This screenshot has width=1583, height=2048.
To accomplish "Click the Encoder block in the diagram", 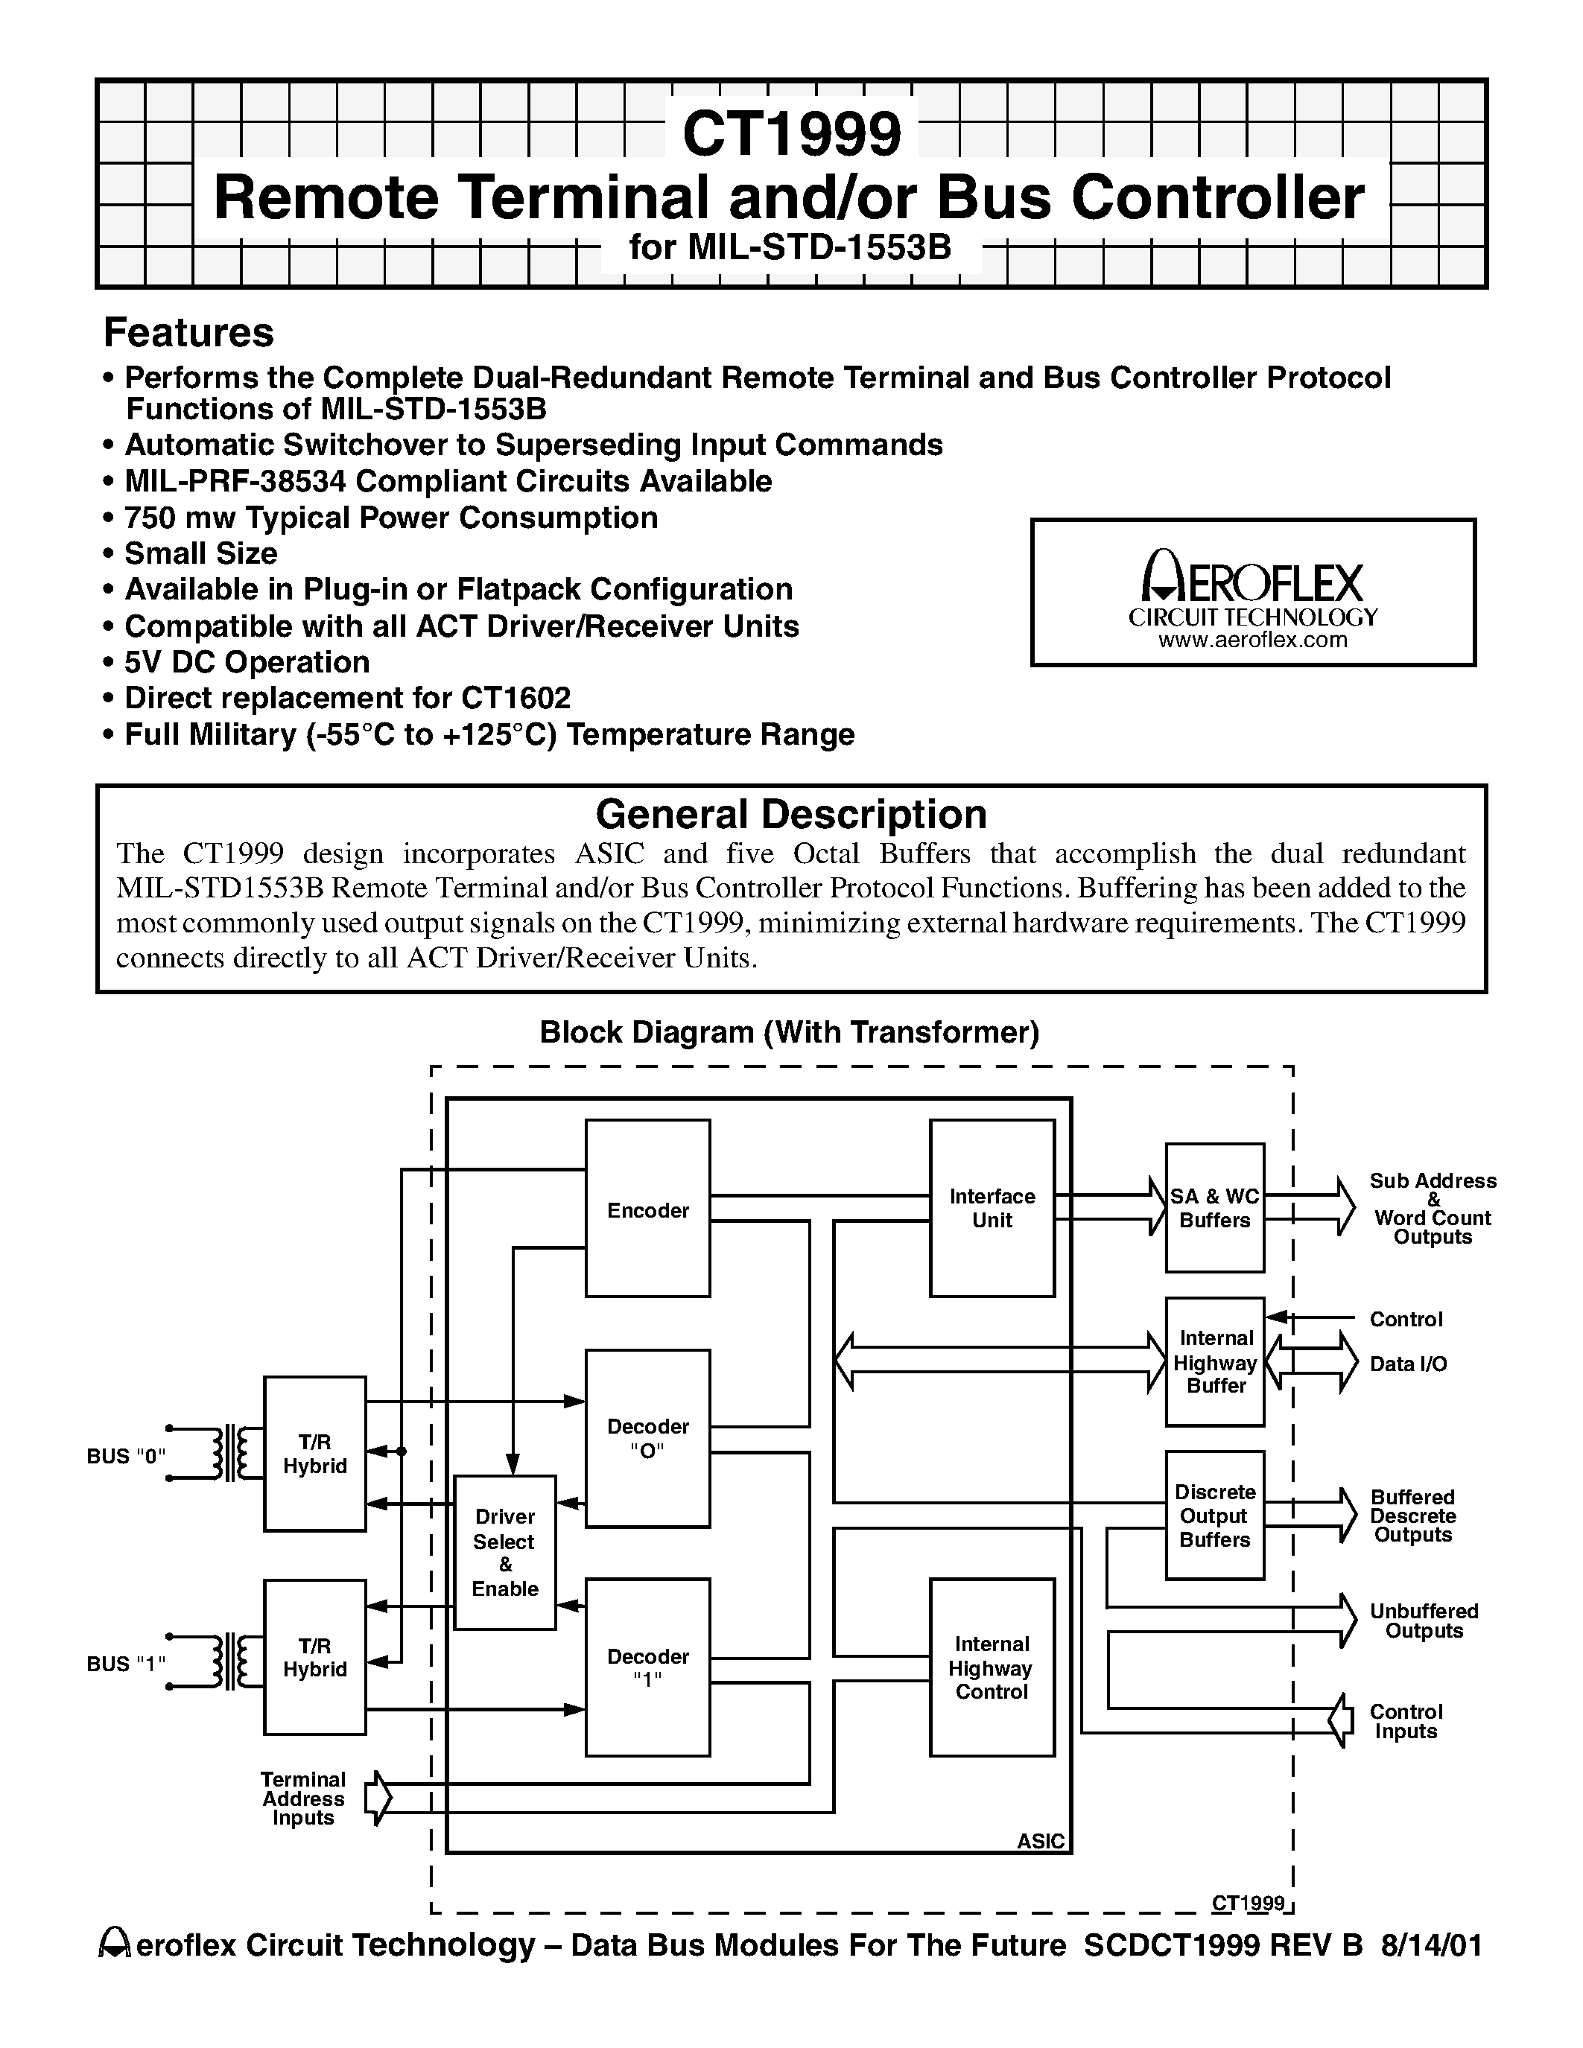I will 647,1208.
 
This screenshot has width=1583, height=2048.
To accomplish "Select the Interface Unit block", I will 992,1208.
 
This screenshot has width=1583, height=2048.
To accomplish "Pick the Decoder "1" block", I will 647,1667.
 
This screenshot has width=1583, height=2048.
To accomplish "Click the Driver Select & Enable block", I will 504,1552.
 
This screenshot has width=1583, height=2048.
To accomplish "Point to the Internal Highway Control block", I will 992,1667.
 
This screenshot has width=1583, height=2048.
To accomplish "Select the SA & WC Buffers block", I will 1214,1208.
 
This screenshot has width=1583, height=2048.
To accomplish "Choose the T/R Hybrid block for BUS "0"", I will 314,1454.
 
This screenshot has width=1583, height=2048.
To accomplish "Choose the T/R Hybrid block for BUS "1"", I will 314,1657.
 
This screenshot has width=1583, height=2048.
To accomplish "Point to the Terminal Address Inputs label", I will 303,1798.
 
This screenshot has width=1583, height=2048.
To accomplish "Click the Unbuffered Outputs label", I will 1424,1621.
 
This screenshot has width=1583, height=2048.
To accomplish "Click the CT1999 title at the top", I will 791,133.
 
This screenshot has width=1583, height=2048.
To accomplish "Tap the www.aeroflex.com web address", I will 1253,640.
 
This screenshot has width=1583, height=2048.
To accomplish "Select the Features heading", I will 188,333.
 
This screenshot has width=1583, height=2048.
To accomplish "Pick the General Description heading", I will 790,814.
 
